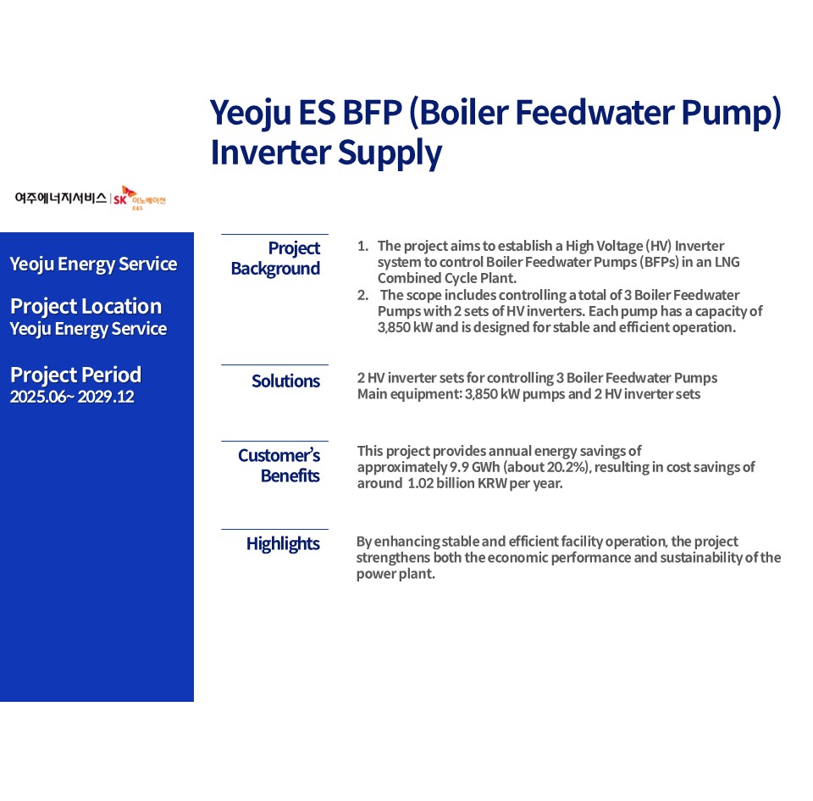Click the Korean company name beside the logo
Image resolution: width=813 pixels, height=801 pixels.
(61, 197)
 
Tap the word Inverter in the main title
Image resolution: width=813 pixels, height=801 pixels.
(271, 153)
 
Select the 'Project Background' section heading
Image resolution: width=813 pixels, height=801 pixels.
(275, 259)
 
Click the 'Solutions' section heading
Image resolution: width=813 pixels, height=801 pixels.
(285, 381)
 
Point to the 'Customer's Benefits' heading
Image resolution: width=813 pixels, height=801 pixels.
(279, 465)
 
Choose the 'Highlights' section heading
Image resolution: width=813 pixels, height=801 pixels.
(283, 544)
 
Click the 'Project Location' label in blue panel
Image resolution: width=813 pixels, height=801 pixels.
(86, 307)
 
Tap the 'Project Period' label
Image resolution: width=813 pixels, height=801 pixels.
(75, 375)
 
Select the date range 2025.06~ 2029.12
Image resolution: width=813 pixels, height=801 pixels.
(72, 397)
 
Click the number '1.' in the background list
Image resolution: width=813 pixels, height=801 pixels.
(363, 245)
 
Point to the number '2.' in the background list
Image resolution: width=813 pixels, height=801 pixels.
(363, 295)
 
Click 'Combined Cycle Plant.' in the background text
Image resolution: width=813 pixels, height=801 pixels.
(447, 279)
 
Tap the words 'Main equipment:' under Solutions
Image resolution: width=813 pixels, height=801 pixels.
(410, 394)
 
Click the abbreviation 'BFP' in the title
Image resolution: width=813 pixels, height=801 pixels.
(373, 112)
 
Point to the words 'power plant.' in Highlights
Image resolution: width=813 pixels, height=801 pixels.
(395, 575)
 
